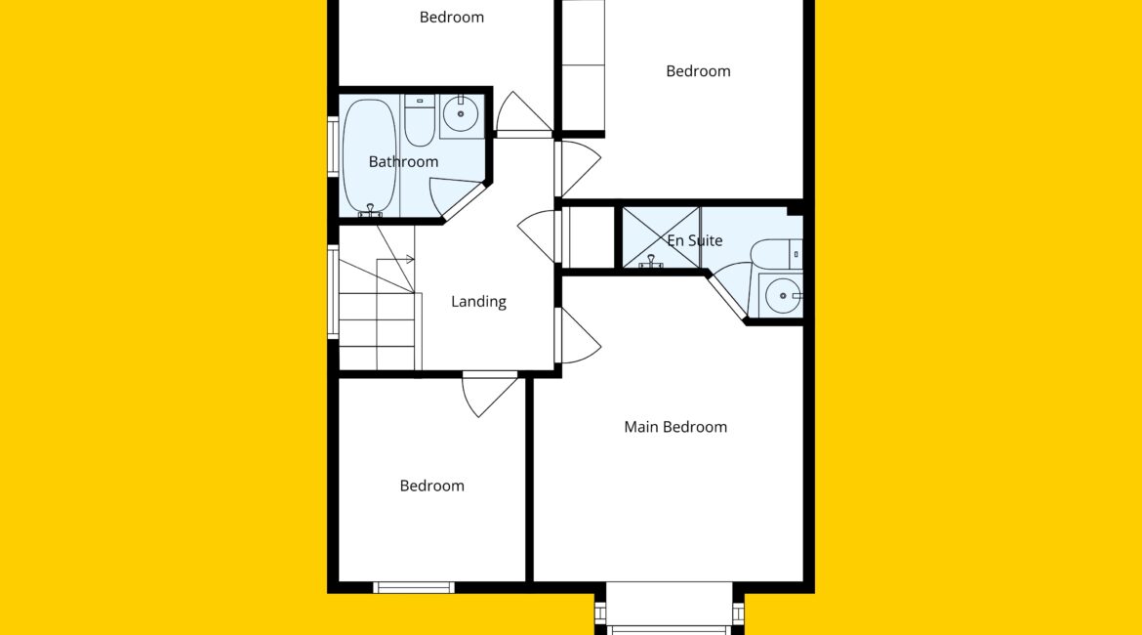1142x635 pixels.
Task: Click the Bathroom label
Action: click(x=403, y=162)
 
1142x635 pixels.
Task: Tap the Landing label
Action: click(x=478, y=301)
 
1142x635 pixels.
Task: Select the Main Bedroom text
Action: click(x=675, y=427)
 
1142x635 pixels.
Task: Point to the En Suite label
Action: click(x=695, y=240)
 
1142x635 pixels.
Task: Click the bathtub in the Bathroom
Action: click(x=370, y=157)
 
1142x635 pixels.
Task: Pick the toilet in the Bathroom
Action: click(x=420, y=120)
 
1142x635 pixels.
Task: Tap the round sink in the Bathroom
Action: click(x=461, y=114)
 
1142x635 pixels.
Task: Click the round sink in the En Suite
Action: click(x=782, y=295)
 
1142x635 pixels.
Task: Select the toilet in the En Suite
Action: click(x=777, y=254)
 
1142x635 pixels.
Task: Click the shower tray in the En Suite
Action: click(x=661, y=237)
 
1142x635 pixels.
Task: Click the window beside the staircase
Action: click(x=333, y=292)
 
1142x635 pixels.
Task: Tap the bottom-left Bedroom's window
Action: click(x=414, y=587)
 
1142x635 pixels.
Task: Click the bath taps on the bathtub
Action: click(x=370, y=211)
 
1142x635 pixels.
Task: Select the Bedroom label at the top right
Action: click(x=698, y=71)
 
